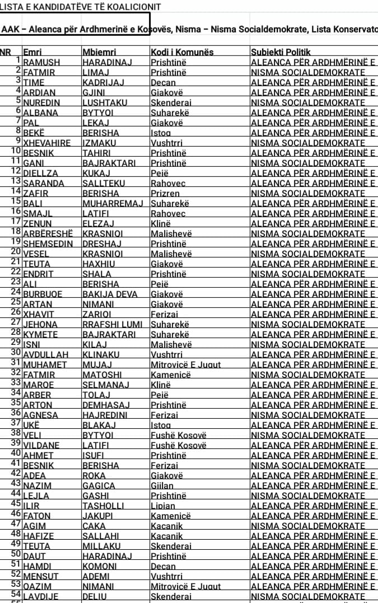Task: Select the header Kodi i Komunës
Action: coord(182,52)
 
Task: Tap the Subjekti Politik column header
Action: coord(281,52)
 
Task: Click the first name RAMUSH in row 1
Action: coord(41,62)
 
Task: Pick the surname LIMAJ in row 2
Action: coord(96,72)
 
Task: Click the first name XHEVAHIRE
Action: coord(47,143)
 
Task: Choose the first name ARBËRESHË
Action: coord(48,233)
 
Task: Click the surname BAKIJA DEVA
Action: coord(109,294)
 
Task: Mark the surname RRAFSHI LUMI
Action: coord(112,324)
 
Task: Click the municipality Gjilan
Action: coord(162,485)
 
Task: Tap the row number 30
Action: coord(16,353)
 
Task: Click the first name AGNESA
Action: coord(40,415)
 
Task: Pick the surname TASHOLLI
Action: coord(103,506)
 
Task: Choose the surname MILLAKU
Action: coord(101,546)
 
